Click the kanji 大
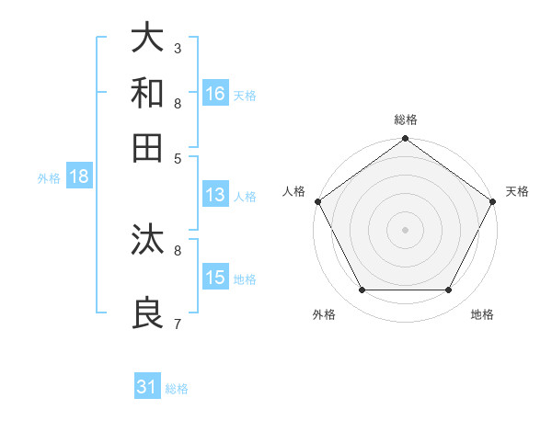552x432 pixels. click(x=147, y=38)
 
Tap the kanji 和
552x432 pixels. click(x=147, y=93)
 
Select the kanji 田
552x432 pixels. click(x=147, y=147)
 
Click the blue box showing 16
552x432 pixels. click(x=216, y=94)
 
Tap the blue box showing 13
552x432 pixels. click(x=215, y=195)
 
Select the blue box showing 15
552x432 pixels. click(x=215, y=278)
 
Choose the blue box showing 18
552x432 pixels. click(x=78, y=177)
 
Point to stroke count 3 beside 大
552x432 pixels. click(x=178, y=48)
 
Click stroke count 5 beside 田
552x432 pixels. click(x=178, y=158)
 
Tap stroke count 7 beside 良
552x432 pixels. click(x=178, y=324)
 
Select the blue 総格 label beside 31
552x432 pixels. click(x=177, y=389)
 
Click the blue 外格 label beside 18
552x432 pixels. click(x=49, y=179)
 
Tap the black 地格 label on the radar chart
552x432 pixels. click(x=482, y=314)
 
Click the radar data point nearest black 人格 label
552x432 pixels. click(x=318, y=201)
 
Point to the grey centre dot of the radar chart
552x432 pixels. click(x=405, y=229)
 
